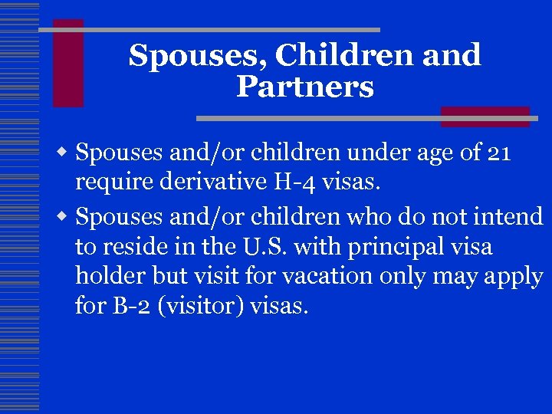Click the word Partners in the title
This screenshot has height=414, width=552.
point(304,87)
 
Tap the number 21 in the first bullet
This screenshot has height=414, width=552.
point(499,153)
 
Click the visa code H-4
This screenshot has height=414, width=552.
point(291,182)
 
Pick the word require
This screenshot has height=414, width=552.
point(111,184)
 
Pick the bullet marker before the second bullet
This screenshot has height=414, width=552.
point(67,219)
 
